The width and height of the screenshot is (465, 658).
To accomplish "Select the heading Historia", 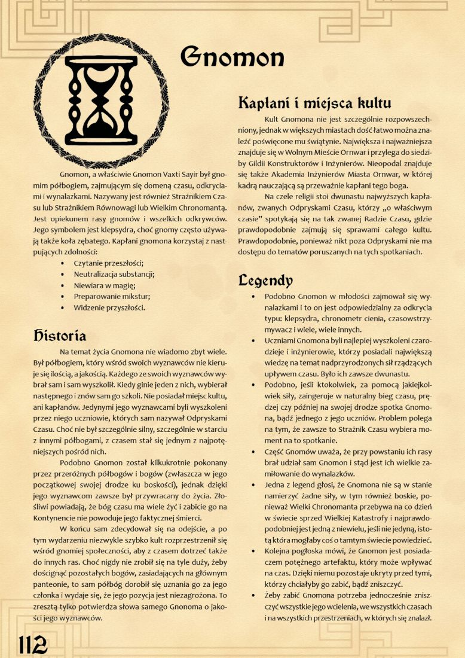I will click(60, 336).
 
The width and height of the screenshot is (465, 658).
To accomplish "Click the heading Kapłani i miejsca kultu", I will click(314, 102).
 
